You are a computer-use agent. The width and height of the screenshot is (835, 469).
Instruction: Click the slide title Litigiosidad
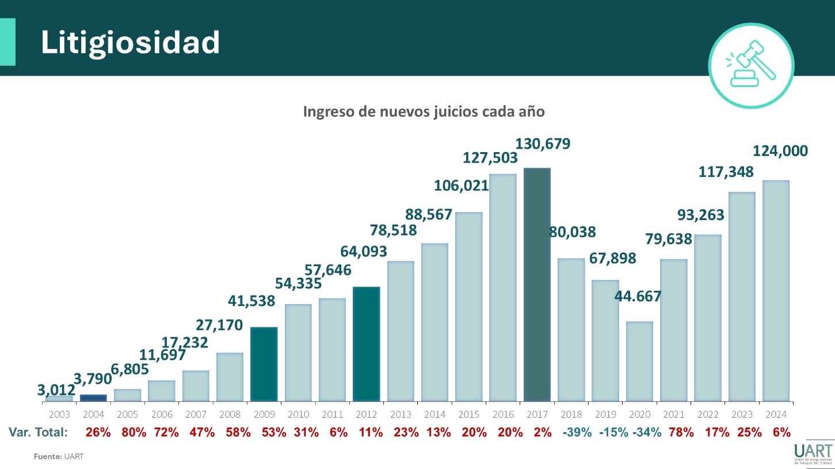130,42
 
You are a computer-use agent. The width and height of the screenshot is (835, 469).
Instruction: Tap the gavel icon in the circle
750,66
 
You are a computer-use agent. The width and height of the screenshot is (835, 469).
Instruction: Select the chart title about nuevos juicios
424,112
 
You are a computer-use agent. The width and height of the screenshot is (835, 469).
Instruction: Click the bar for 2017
537,285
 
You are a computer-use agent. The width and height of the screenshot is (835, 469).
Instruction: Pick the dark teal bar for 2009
264,364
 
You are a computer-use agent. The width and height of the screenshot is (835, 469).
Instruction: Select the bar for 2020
639,361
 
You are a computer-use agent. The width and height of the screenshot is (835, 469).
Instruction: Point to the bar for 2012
366,344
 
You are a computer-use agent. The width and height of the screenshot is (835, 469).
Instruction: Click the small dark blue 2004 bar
93,398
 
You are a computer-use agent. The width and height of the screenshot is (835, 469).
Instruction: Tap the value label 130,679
543,143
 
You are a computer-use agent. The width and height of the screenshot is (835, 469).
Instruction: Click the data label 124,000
780,152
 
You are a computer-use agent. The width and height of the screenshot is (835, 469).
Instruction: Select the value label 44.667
638,297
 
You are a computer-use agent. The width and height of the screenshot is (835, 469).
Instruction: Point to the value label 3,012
56,390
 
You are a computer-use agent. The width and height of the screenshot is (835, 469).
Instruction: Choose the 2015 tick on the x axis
469,415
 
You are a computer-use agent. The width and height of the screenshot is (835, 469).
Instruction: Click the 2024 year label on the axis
776,415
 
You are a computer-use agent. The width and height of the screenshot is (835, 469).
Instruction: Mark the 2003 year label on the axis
59,415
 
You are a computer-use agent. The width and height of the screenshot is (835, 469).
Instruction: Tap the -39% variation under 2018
577,432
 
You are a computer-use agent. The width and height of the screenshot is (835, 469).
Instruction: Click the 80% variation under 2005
133,432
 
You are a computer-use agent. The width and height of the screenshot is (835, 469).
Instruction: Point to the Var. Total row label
39,432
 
